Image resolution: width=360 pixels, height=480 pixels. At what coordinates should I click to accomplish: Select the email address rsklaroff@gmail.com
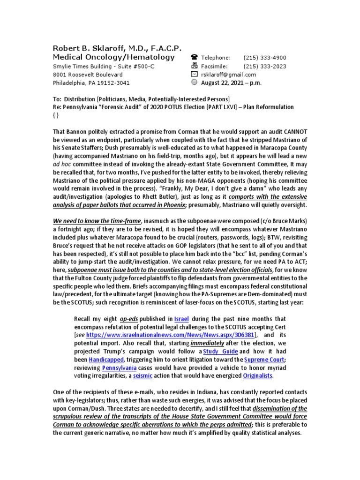click(228, 75)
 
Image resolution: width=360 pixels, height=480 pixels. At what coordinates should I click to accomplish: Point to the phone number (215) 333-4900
click(264, 58)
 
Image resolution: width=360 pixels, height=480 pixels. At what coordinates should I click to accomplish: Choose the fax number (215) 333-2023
click(264, 66)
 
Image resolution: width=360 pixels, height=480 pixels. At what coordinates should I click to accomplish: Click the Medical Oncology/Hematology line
click(113, 57)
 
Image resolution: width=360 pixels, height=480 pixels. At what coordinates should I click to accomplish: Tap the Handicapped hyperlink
click(106, 360)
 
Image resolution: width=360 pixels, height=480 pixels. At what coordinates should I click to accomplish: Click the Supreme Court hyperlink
click(266, 360)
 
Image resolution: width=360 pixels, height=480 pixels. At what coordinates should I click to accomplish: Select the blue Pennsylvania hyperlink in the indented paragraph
click(119, 367)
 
